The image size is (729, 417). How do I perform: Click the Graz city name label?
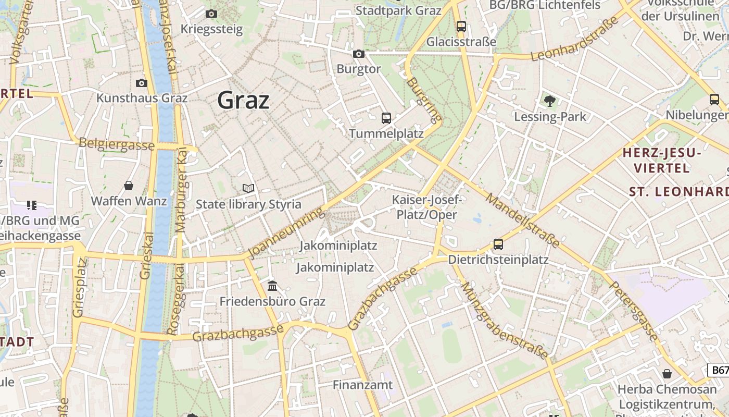(243, 100)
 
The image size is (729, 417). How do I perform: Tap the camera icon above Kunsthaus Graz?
(141, 83)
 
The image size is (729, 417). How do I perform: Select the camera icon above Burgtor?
(358, 54)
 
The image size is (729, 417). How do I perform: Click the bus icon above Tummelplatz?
(386, 118)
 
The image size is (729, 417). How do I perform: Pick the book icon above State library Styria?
(248, 188)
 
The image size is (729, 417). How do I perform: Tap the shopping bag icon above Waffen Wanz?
(129, 186)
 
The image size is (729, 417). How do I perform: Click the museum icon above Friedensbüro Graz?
(272, 286)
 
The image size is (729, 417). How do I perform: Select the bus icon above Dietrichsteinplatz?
(498, 244)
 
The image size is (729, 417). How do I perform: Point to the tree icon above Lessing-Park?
(549, 101)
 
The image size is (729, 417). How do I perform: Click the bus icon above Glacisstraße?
(461, 26)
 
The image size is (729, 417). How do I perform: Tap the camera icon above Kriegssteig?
(211, 14)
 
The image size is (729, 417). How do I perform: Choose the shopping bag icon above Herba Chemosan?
(667, 373)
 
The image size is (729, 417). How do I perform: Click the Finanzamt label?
(363, 385)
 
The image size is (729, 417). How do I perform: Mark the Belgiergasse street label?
(117, 144)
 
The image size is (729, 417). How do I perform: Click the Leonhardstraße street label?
(575, 39)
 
